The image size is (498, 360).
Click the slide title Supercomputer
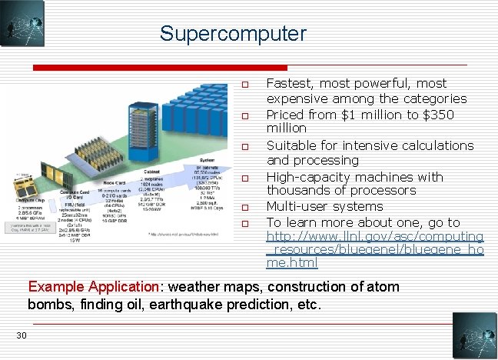tap(233, 34)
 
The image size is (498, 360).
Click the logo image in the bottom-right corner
tap(475, 335)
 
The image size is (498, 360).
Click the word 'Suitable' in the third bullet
tap(290, 145)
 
